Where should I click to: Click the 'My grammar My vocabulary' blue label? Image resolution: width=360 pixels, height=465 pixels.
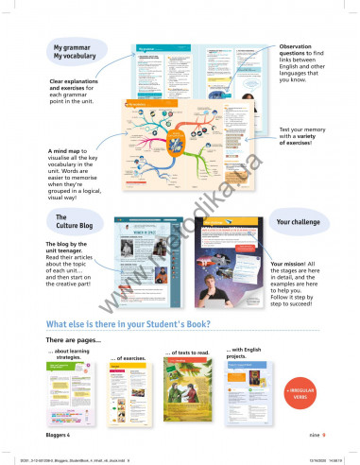point(73,51)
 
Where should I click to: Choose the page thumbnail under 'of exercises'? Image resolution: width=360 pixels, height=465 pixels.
point(132,394)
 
